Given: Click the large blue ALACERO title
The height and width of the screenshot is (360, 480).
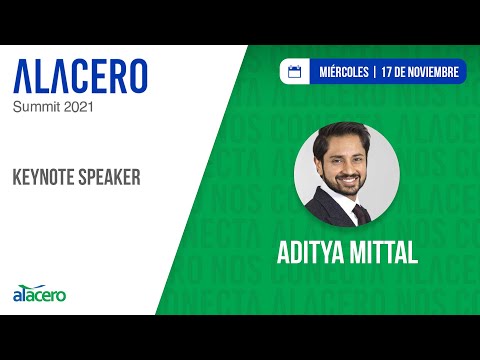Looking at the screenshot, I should tap(80, 76).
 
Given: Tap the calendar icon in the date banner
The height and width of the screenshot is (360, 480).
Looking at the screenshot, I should tap(295, 72).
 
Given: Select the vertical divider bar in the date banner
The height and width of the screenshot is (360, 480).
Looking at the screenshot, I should tap(373, 72).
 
